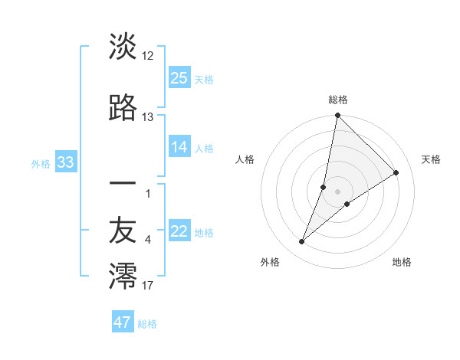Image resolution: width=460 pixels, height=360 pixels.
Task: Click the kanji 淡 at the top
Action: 123,47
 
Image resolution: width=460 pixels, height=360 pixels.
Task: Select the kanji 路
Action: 123,108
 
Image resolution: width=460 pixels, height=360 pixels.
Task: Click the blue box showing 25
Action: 179,77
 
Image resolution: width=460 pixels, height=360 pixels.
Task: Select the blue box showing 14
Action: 179,147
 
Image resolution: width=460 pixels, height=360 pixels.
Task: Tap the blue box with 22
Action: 179,231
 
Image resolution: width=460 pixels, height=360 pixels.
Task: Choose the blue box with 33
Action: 65,162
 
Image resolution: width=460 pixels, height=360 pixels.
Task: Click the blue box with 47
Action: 123,322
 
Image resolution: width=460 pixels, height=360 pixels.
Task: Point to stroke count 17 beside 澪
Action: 148,286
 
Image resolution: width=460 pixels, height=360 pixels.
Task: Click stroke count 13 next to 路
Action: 148,117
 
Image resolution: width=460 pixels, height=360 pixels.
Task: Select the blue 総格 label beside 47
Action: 147,324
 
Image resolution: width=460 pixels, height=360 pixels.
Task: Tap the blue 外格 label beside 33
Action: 41,163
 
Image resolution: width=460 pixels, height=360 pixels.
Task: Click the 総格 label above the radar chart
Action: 337,100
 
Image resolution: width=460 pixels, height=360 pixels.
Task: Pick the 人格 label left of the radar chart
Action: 245,159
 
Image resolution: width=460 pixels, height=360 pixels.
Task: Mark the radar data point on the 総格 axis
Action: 337,116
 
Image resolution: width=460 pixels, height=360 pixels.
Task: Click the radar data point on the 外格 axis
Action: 302,242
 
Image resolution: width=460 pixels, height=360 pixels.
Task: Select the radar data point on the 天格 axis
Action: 396,172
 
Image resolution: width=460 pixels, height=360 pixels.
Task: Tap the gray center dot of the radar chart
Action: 337,191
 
